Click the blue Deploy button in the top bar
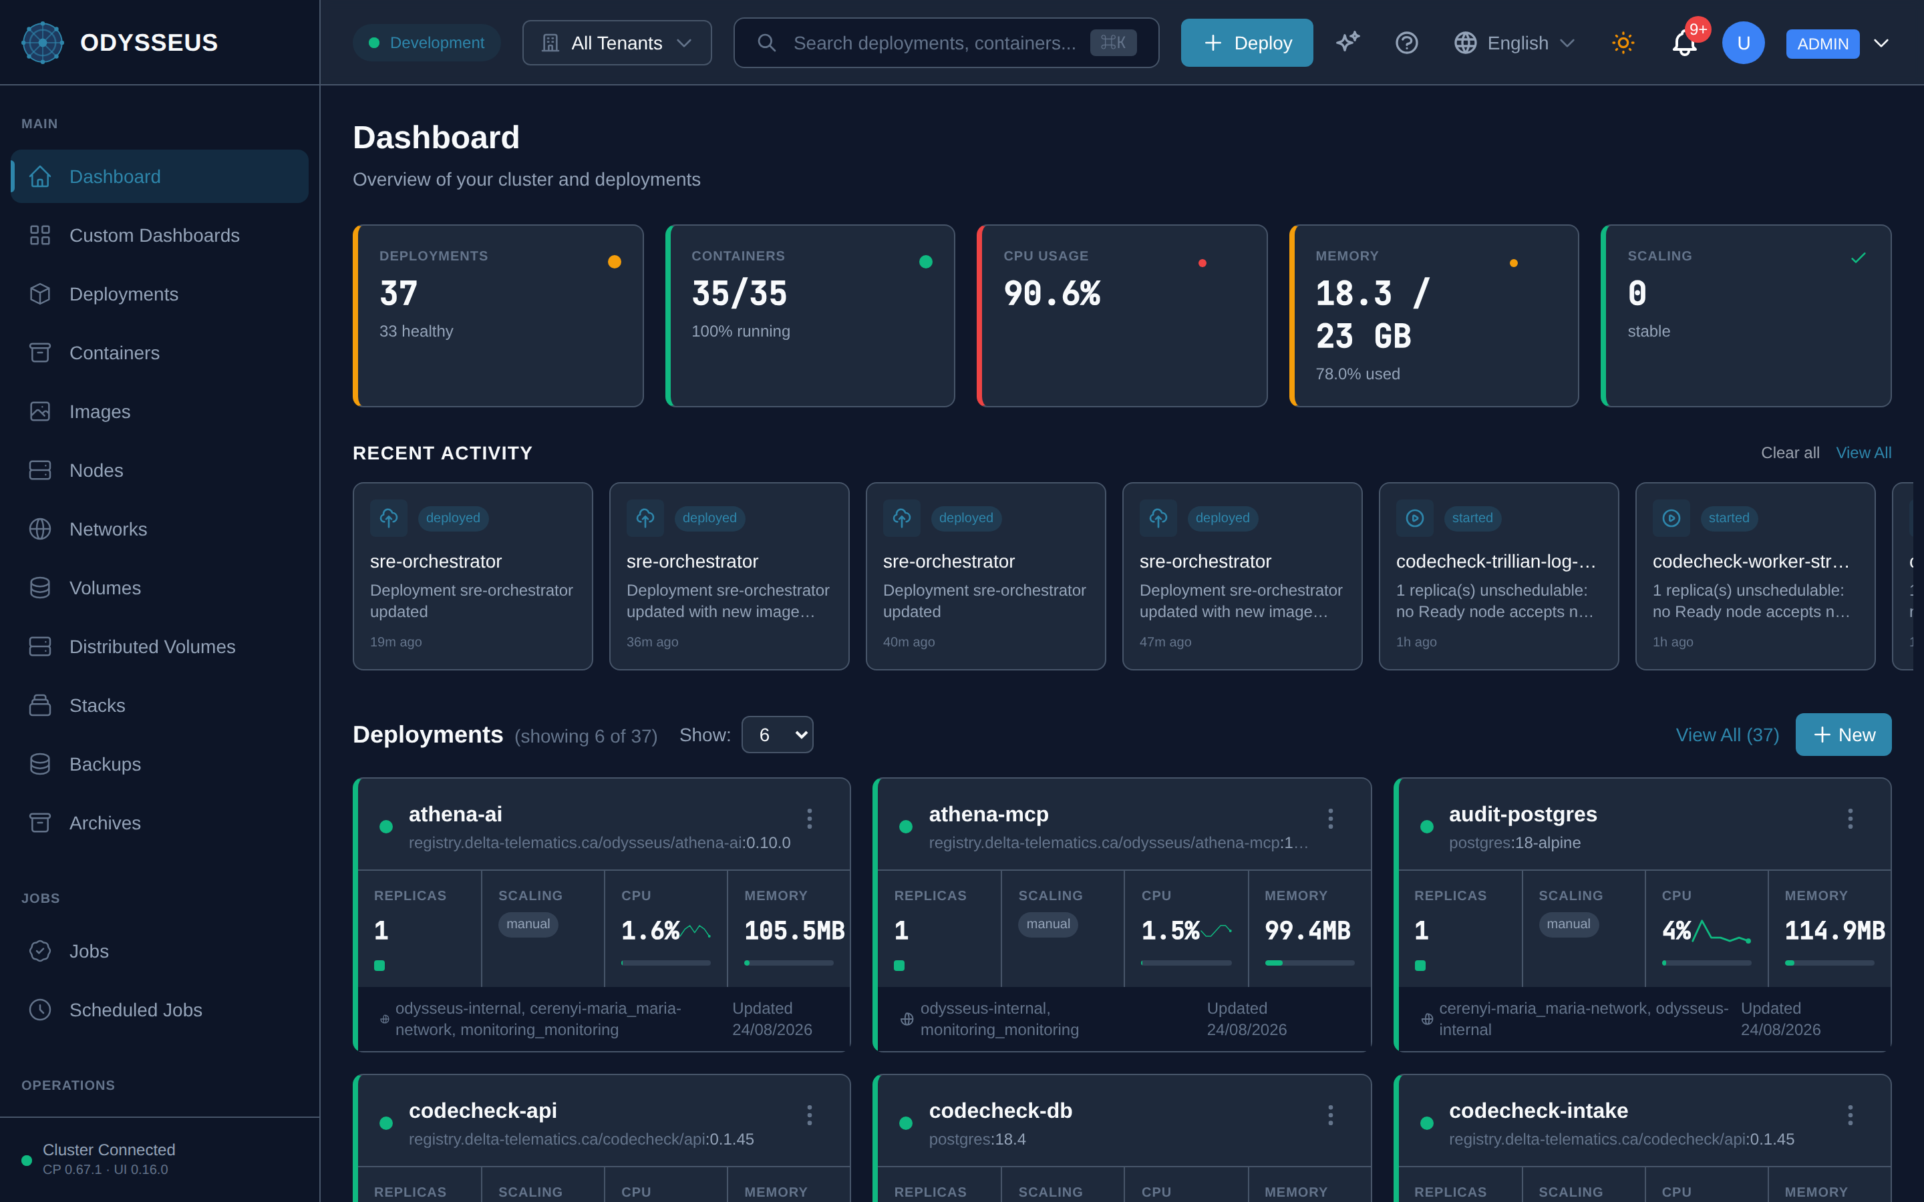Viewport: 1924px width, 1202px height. pyautogui.click(x=1246, y=43)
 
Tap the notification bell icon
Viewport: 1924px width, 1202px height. pyautogui.click(x=1684, y=43)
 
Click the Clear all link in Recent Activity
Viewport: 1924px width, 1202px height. pyautogui.click(x=1790, y=452)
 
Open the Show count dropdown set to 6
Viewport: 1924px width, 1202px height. pyautogui.click(x=777, y=735)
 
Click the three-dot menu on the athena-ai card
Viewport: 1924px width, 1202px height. pyautogui.click(x=810, y=819)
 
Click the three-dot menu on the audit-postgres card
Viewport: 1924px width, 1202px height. pyautogui.click(x=1850, y=819)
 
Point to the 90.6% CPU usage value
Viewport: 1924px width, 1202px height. pyautogui.click(x=1052, y=293)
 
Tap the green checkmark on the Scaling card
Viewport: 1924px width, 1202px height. pyautogui.click(x=1858, y=258)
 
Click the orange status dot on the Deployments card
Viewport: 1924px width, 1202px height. pyautogui.click(x=615, y=262)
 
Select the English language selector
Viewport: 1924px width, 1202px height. pyautogui.click(x=1514, y=43)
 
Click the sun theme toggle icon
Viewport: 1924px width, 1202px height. pyautogui.click(x=1623, y=43)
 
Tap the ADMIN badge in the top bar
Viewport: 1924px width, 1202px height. pyautogui.click(x=1822, y=43)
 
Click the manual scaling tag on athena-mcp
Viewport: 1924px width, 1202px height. pyautogui.click(x=1048, y=924)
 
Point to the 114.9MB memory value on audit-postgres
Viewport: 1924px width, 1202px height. pyautogui.click(x=1834, y=931)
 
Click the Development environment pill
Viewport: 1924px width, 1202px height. pyautogui.click(x=426, y=43)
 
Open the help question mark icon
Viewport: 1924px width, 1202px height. pyautogui.click(x=1406, y=43)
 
